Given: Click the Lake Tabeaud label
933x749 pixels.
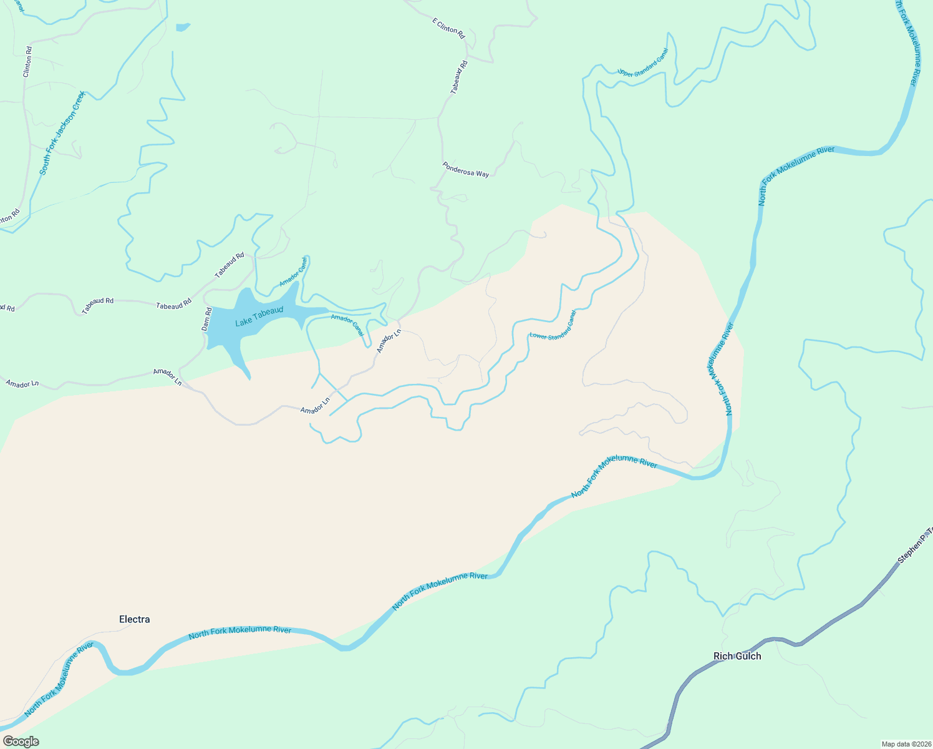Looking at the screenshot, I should coord(259,316).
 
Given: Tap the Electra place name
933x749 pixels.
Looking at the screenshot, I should coord(134,619).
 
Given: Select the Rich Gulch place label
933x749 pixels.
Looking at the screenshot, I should coord(737,656).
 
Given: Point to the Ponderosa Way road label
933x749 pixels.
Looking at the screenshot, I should coord(466,170).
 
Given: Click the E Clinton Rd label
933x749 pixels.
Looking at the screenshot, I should coord(449,29).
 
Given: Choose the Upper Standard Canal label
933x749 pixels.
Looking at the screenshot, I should coord(643,62).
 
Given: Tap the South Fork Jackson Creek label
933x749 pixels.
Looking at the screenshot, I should coord(62,132).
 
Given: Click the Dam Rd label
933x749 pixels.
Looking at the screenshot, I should coord(207,318).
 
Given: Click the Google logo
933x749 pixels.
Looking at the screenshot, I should coord(21,742).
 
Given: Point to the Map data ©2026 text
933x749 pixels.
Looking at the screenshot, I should coord(905,744).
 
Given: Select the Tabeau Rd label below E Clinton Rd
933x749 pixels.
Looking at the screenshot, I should coord(459,77).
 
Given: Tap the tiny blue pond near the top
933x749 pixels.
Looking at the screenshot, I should coord(183,27).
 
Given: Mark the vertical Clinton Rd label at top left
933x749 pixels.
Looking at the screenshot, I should coord(27,62).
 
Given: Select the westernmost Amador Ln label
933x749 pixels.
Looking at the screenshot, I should coord(22,383).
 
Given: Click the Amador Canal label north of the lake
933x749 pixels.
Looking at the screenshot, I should coord(293,272).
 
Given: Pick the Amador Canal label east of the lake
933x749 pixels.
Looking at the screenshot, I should coord(347,325).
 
